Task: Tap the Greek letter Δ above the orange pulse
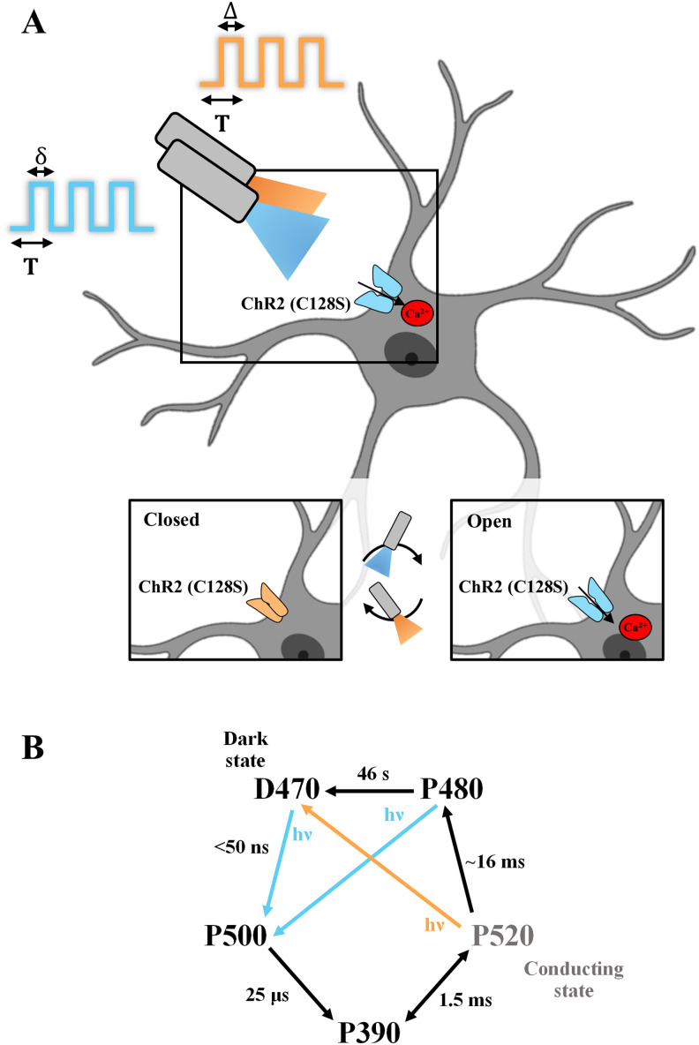[232, 11]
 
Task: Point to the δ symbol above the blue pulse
[40, 156]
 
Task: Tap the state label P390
[371, 1028]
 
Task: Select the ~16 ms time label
[523, 861]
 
